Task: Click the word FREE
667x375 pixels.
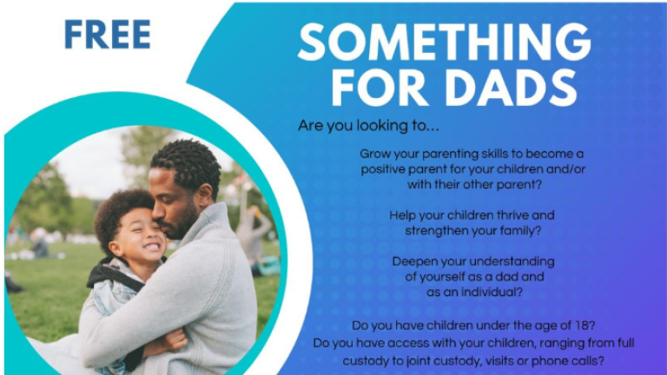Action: [108, 34]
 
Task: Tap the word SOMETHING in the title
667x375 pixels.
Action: [444, 43]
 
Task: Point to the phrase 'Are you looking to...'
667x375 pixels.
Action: [368, 126]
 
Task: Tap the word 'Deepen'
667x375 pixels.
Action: [413, 260]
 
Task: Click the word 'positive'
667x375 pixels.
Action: [387, 169]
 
